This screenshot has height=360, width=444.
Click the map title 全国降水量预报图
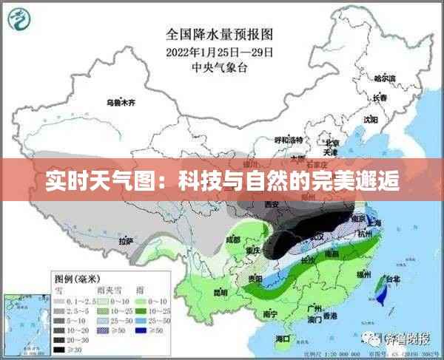pyautogui.click(x=220, y=33)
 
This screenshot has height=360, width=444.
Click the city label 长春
pyautogui.click(x=380, y=98)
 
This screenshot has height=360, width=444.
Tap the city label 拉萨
pyautogui.click(x=126, y=240)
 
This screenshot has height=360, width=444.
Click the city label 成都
pyautogui.click(x=234, y=240)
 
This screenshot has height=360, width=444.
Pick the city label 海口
pyautogui.click(x=283, y=338)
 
